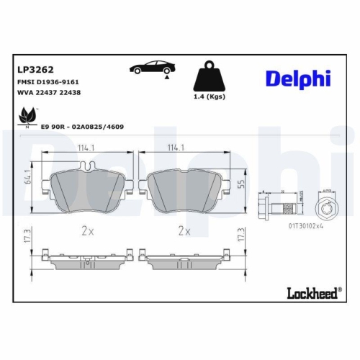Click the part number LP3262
click(x=35, y=71)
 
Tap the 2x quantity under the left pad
click(x=86, y=231)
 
